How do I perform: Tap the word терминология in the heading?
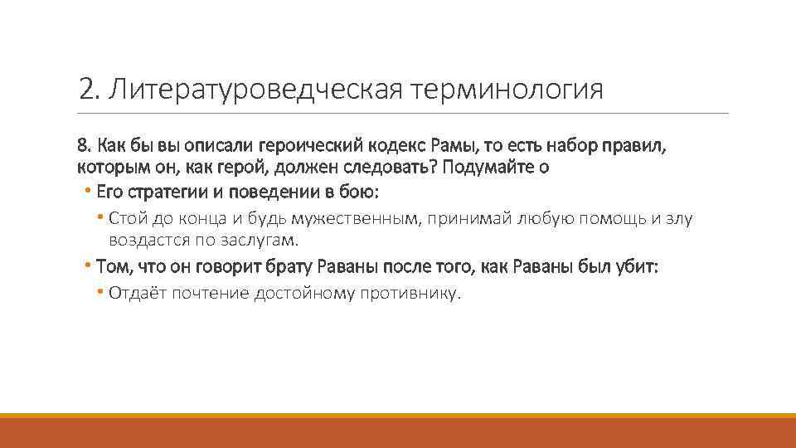click(x=506, y=89)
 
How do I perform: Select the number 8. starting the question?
click(x=83, y=145)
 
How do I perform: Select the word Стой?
click(x=124, y=218)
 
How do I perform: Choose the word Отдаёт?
click(x=138, y=294)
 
